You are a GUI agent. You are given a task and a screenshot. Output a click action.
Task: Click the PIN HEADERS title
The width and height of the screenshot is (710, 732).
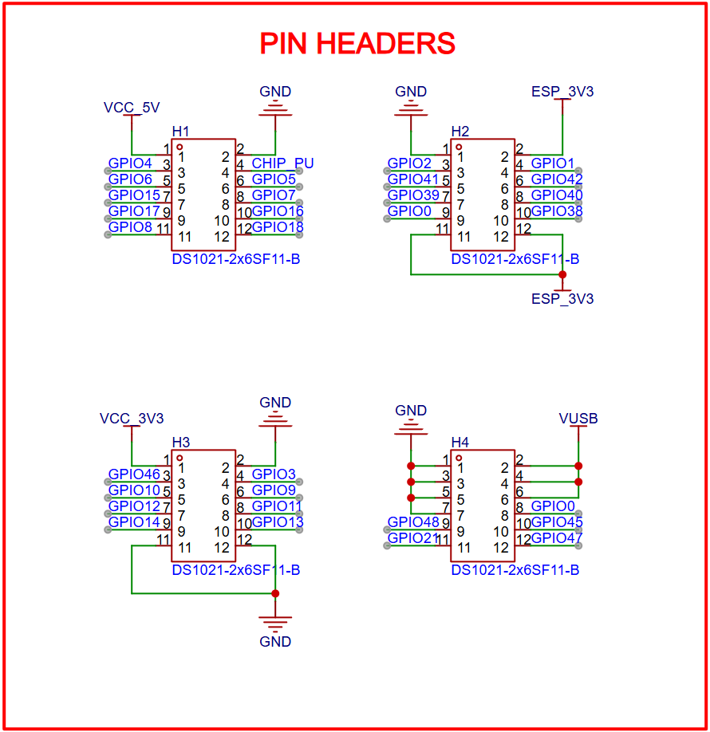357,44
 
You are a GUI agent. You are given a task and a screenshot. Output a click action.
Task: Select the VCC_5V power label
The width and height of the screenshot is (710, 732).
132,107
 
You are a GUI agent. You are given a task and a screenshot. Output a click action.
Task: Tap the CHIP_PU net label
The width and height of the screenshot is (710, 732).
282,163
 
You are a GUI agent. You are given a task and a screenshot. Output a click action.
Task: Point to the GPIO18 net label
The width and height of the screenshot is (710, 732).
278,227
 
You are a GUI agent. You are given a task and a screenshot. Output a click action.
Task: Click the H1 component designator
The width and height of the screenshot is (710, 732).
181,131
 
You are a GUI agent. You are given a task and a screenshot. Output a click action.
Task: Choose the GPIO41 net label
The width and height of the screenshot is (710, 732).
413,179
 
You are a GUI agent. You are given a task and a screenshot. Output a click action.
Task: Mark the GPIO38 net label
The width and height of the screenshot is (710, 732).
557,211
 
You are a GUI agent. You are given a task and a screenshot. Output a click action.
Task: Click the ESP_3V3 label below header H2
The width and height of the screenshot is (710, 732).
562,299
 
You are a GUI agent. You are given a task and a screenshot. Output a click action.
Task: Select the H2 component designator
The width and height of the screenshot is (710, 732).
460,131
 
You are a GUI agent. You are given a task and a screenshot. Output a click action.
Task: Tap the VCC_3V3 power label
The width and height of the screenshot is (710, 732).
132,418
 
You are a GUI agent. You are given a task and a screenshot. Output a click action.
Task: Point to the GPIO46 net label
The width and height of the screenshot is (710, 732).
134,474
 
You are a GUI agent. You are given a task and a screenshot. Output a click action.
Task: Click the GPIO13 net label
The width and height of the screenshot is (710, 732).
278,522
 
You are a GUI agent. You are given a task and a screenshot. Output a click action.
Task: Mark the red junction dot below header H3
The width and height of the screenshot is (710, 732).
275,593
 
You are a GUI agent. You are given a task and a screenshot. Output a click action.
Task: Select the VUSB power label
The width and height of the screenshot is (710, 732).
578,419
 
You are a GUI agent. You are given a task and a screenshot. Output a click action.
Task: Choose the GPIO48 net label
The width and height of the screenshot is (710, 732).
413,522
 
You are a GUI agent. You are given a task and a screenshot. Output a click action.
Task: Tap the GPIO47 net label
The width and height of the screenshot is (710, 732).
557,538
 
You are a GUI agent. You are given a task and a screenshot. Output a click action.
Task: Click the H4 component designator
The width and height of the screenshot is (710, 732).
460,442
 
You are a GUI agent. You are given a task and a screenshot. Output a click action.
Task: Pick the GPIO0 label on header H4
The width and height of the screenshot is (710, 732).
553,506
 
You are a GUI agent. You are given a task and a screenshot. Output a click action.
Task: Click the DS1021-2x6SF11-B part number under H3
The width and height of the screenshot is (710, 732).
235,570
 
